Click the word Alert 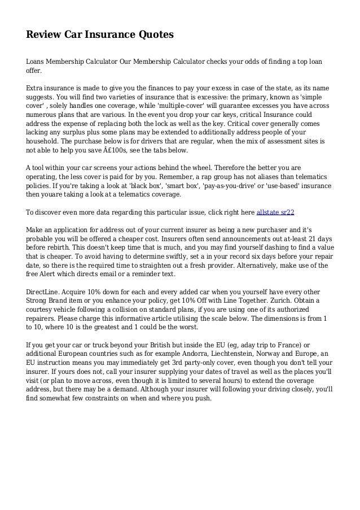click(x=51, y=274)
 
